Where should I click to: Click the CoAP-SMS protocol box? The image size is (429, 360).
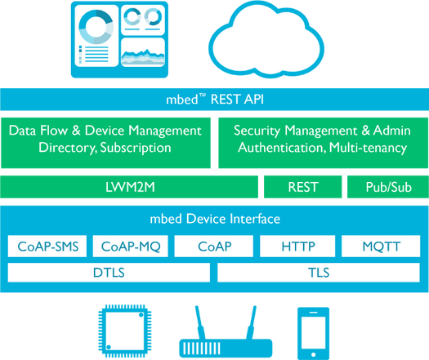pos(47,246)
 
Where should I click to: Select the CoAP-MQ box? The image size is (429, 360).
pos(130,246)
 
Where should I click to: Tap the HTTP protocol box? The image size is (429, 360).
pos(297,246)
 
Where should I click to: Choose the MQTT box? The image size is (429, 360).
pos(381,246)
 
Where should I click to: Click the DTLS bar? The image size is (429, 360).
pos(109,273)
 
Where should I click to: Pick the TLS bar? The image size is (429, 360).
pos(319,273)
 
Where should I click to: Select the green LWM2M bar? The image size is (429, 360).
pos(129,187)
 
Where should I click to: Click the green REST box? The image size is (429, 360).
pos(303,187)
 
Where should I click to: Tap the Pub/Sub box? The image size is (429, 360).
pos(388,187)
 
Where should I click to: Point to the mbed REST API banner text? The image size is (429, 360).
pos(215,100)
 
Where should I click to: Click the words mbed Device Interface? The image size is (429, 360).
pos(215,219)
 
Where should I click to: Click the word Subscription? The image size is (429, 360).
pos(136,148)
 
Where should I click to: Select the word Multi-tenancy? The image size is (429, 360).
pos(368,148)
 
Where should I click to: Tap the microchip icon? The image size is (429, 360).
pos(125,331)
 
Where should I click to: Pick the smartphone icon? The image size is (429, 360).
pos(314,334)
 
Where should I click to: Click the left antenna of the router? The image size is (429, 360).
pos(200,322)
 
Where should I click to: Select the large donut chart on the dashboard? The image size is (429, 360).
pos(96,27)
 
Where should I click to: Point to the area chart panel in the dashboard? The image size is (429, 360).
pos(143,52)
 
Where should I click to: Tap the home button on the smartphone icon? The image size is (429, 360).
pos(314,355)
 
